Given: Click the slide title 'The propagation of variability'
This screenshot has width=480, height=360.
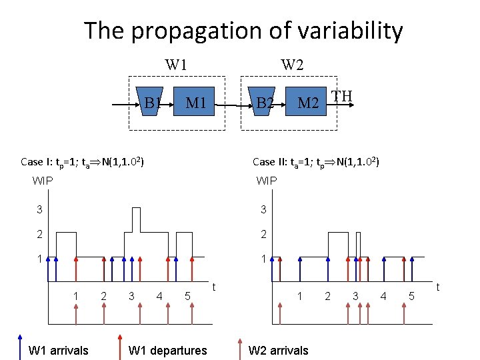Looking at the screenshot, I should pyautogui.click(x=243, y=31).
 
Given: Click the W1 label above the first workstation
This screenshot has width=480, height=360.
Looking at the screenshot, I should pyautogui.click(x=176, y=65).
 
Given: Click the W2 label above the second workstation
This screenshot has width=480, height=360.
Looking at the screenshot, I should pyautogui.click(x=292, y=65).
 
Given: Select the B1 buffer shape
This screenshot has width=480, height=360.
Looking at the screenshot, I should pyautogui.click(x=150, y=103).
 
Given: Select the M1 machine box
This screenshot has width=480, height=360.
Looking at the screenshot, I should pyautogui.click(x=195, y=103).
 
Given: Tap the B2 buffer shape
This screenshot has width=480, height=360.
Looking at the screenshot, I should pyautogui.click(x=264, y=103).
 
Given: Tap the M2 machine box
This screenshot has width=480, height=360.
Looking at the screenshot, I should pyautogui.click(x=307, y=103).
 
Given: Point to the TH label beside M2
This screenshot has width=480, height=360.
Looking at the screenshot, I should pyautogui.click(x=342, y=97).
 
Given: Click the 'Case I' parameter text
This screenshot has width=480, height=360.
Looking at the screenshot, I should pyautogui.click(x=83, y=161).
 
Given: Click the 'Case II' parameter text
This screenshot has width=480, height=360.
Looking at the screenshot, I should pyautogui.click(x=316, y=161).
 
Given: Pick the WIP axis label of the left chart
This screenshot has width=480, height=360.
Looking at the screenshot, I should pyautogui.click(x=43, y=180).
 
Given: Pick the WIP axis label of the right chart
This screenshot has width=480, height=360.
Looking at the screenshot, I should pyautogui.click(x=267, y=180).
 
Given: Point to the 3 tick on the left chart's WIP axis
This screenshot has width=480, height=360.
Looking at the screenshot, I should pyautogui.click(x=39, y=210).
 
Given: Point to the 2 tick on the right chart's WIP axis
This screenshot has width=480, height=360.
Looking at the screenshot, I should pyautogui.click(x=263, y=234).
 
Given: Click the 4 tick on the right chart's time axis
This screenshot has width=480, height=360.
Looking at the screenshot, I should pyautogui.click(x=384, y=296).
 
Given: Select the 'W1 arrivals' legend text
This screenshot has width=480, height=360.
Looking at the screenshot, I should pyautogui.click(x=58, y=350).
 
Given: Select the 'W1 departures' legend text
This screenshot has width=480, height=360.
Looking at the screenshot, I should pyautogui.click(x=167, y=350).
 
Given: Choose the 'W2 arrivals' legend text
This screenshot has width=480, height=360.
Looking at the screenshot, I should pyautogui.click(x=278, y=350).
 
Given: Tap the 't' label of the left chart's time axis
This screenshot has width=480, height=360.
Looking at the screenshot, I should pyautogui.click(x=213, y=287).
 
